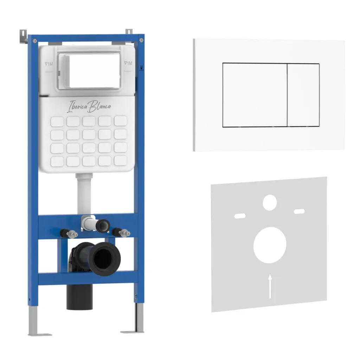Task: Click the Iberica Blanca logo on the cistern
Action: pos(89,106)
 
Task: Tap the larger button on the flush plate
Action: pos(255,95)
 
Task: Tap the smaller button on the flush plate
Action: pos(303,95)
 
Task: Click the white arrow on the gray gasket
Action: pos(270,286)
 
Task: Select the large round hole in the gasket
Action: pos(270,245)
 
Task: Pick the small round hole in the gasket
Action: pos(270,202)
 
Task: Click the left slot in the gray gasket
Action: pos(240,216)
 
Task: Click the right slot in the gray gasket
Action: pos(300,211)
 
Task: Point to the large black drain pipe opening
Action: pos(104,258)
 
